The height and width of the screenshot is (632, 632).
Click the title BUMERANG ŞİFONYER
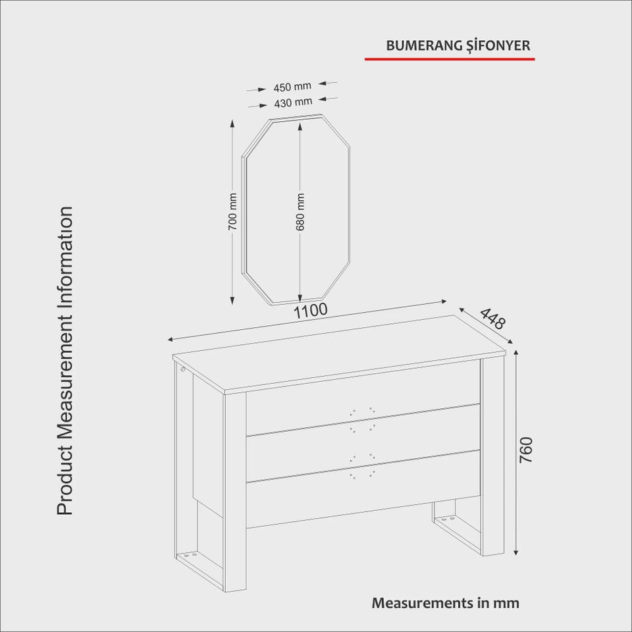(x=458, y=46)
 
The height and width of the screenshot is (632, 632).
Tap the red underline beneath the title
(x=450, y=59)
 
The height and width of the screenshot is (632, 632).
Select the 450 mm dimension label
(x=292, y=87)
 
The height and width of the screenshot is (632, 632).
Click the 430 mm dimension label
(x=293, y=103)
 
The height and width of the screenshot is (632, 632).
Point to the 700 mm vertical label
(x=232, y=211)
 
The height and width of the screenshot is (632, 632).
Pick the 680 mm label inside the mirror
(x=300, y=212)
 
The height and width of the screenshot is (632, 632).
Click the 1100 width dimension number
(x=310, y=311)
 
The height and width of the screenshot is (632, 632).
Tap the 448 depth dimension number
(x=492, y=319)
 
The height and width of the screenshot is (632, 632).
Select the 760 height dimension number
(x=526, y=450)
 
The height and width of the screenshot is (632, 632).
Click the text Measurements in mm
(x=446, y=603)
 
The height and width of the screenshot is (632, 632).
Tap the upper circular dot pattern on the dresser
(x=362, y=419)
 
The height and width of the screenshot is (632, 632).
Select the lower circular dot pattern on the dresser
(x=362, y=466)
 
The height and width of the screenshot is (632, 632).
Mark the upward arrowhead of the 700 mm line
(x=232, y=123)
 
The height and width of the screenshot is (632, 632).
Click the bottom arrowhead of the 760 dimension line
(x=516, y=552)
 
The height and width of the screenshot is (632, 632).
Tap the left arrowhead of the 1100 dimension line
(x=171, y=340)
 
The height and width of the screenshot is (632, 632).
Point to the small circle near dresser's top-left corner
(x=182, y=369)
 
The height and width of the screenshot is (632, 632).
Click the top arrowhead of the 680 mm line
(x=300, y=126)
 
